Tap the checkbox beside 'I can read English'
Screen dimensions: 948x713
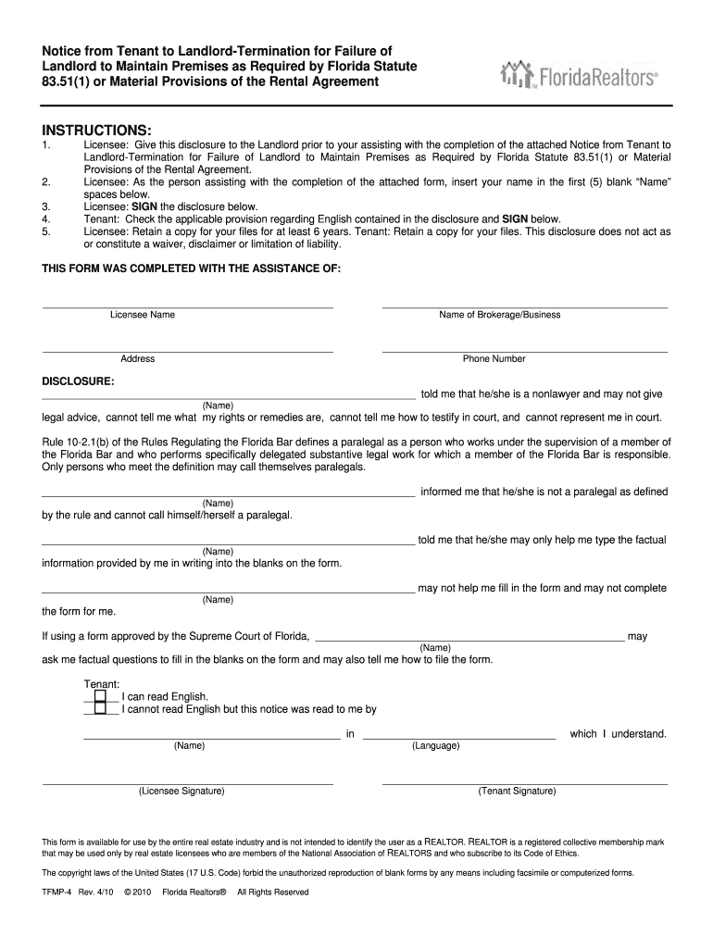pyautogui.click(x=100, y=696)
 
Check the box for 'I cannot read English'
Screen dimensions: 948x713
pyautogui.click(x=100, y=709)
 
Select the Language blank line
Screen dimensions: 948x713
pyautogui.click(x=459, y=738)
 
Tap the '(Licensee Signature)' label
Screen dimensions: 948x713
pyautogui.click(x=181, y=792)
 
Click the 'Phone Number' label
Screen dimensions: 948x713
pyautogui.click(x=494, y=359)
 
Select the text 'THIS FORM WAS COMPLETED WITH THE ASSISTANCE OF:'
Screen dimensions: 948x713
pyautogui.click(x=192, y=268)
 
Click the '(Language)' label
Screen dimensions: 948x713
pyautogui.click(x=436, y=745)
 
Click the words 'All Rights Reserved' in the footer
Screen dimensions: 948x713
pyautogui.click(x=273, y=892)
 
